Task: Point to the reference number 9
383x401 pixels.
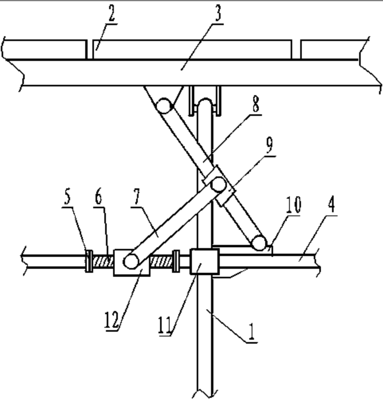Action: click(x=270, y=147)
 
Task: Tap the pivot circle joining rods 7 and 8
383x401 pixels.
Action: click(x=218, y=185)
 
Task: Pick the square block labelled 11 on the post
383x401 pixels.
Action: click(x=204, y=261)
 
